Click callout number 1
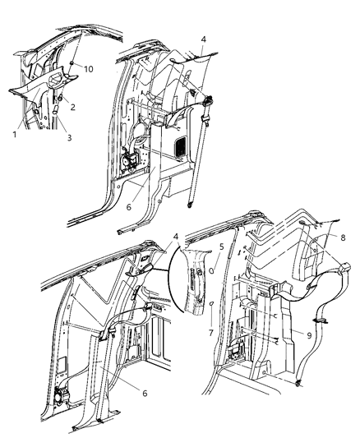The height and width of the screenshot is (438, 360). [x=15, y=135]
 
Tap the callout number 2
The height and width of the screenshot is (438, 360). [x=72, y=107]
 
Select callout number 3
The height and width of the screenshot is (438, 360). [x=69, y=137]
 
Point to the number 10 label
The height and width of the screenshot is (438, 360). [x=88, y=69]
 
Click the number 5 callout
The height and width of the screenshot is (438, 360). [x=221, y=247]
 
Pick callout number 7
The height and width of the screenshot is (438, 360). [x=211, y=333]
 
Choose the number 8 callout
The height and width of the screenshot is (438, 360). [x=343, y=237]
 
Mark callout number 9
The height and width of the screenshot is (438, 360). [x=309, y=335]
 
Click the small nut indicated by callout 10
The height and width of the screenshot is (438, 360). [x=72, y=64]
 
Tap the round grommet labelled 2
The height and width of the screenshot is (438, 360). [x=60, y=98]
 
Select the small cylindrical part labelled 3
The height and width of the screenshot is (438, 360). [x=55, y=109]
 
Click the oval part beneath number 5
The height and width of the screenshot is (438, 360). [x=212, y=270]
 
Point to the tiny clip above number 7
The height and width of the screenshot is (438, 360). [x=212, y=303]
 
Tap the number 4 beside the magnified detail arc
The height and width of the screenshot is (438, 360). [x=175, y=237]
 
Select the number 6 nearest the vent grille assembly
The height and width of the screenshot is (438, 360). [x=128, y=207]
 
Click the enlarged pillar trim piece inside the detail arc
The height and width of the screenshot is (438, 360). [x=193, y=281]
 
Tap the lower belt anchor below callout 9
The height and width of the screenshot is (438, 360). [x=298, y=384]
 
